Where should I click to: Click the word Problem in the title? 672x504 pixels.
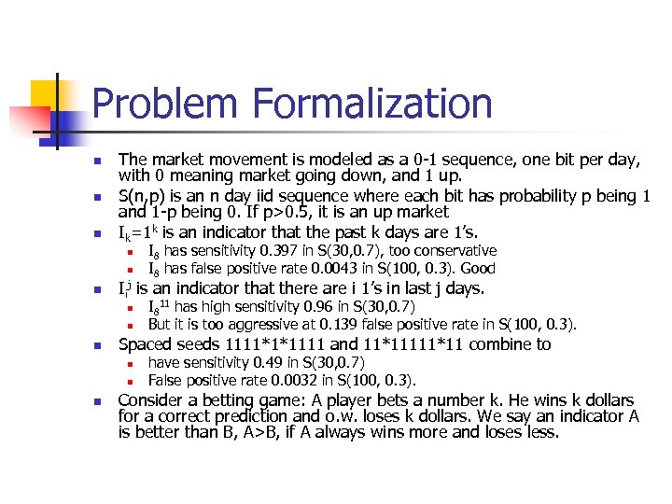(164, 104)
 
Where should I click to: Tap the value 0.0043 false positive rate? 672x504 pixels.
(320, 269)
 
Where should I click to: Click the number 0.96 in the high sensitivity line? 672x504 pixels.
(299, 307)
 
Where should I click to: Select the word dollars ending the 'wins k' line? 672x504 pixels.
(610, 400)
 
